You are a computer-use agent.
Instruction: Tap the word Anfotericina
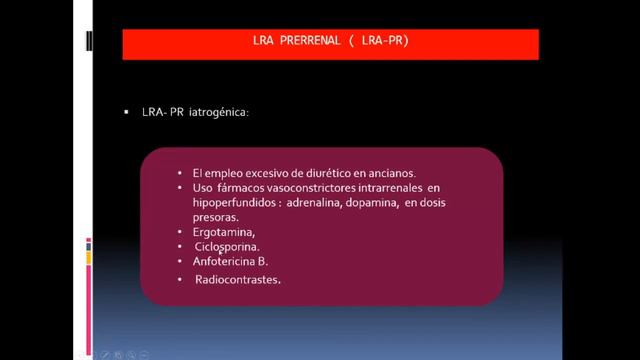225,261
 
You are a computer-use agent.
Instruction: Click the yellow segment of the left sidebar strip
90,258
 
